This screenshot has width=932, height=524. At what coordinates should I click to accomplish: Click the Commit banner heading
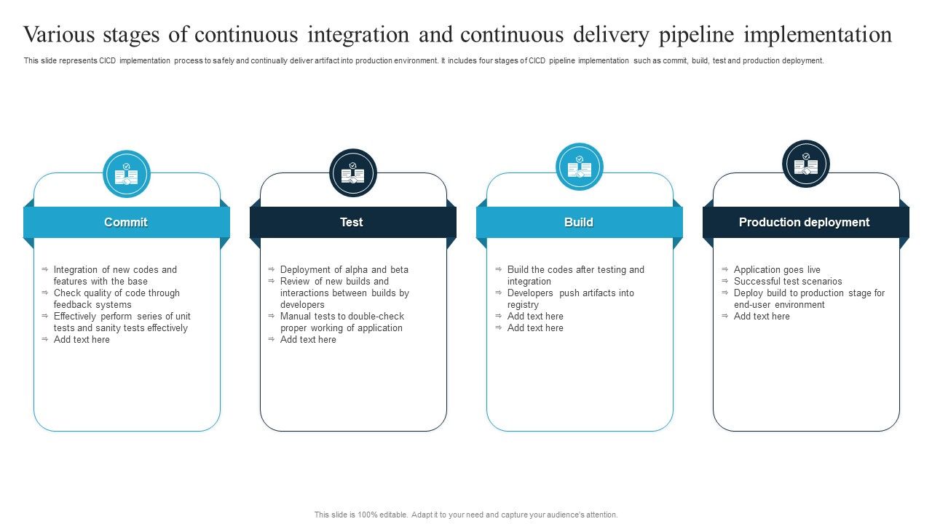point(126,223)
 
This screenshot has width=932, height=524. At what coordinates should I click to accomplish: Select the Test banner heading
point(352,223)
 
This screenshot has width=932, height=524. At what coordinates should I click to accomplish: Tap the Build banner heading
point(579,223)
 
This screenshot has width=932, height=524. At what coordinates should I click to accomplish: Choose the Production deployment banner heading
point(805,223)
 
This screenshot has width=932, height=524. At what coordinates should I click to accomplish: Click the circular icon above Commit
point(127,174)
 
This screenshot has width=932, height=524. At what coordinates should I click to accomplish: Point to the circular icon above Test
point(353,173)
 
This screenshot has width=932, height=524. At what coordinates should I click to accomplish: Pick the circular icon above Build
point(580,167)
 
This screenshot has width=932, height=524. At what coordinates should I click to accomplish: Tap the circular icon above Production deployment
point(806,164)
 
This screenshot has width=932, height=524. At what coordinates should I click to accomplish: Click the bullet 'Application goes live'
point(777,270)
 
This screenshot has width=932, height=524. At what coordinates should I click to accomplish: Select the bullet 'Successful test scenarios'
point(788,282)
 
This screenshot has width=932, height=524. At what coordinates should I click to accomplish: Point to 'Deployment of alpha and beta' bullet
point(344,270)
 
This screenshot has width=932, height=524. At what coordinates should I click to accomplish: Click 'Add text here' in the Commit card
point(82,340)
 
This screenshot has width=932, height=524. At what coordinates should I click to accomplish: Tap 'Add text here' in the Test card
point(308,340)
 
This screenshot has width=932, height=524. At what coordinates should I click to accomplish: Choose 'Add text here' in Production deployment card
point(762,317)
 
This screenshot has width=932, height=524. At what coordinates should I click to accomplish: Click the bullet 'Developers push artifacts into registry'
point(570,299)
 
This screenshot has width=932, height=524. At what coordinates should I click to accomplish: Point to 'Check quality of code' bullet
point(116,299)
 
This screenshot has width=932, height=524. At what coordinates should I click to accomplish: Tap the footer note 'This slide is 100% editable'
point(466,515)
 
